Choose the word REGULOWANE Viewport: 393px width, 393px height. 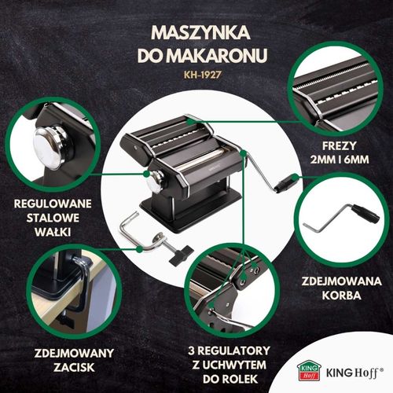(50, 203)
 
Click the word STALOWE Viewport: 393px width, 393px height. (50, 219)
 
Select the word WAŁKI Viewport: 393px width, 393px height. (50, 233)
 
